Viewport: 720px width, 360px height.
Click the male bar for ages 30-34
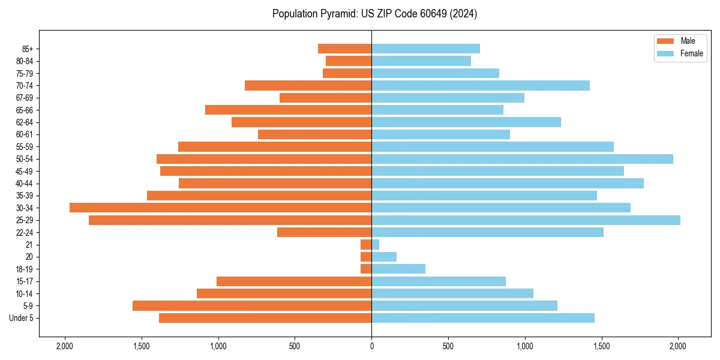click(x=220, y=208)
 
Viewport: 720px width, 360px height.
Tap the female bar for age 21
click(x=376, y=245)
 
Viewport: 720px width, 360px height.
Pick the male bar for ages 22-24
click(x=324, y=232)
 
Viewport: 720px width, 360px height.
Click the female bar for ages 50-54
click(x=522, y=159)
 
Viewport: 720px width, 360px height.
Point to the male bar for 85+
click(x=344, y=49)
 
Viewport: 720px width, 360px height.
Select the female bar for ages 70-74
click(x=481, y=85)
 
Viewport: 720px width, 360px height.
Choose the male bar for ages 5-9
click(x=252, y=306)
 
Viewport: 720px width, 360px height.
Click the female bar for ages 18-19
click(x=398, y=269)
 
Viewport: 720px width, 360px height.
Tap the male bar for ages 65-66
click(x=288, y=110)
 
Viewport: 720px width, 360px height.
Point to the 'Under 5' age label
click(x=21, y=318)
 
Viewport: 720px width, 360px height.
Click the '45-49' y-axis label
click(x=25, y=171)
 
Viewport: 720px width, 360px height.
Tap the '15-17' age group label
click(x=25, y=281)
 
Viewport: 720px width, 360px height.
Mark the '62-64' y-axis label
click(x=25, y=122)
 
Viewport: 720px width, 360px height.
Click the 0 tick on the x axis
click(x=371, y=346)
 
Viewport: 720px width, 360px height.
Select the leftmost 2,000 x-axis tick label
click(x=64, y=346)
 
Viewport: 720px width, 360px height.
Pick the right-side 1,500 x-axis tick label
click(x=602, y=346)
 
